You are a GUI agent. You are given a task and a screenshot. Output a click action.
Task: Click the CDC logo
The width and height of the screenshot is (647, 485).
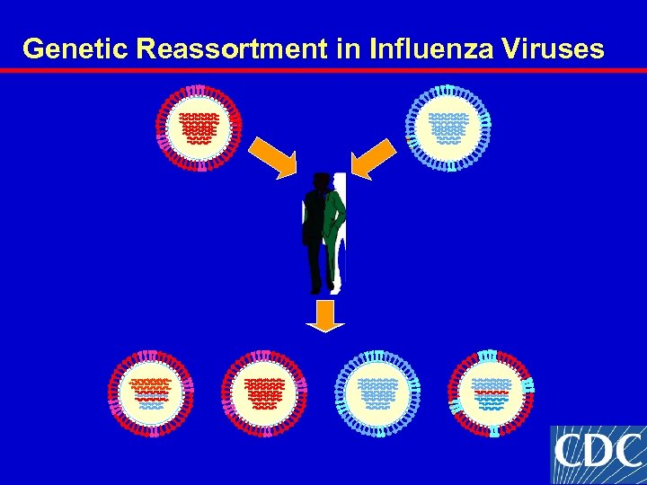(598, 454)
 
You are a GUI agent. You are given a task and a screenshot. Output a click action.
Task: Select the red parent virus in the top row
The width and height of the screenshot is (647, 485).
(199, 128)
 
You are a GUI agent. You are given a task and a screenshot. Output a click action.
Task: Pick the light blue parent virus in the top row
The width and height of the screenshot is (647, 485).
(448, 128)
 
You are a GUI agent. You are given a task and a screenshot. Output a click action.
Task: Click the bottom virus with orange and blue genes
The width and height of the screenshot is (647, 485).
(150, 393)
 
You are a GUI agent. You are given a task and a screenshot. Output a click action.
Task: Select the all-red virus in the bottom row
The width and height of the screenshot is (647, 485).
(263, 393)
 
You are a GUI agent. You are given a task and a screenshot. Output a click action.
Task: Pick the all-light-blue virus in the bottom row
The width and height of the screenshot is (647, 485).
(377, 393)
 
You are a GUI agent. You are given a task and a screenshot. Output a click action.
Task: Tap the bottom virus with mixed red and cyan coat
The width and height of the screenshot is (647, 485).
(491, 393)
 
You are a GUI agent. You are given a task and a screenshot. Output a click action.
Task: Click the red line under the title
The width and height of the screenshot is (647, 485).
(323, 69)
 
